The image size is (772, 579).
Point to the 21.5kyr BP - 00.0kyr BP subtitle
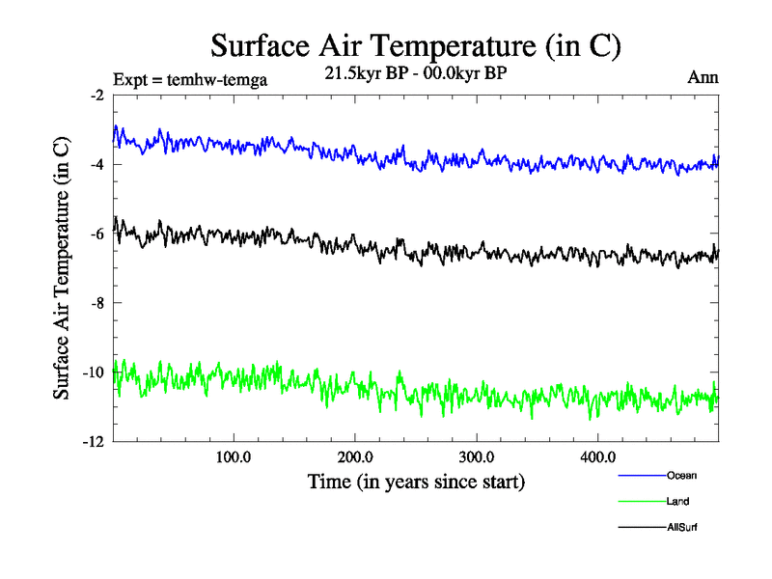coord(417,74)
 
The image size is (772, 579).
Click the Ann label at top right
coord(703,77)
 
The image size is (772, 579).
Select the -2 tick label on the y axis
coord(96,96)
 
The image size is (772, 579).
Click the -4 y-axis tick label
coord(96,165)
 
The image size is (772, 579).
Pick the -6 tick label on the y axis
coord(96,234)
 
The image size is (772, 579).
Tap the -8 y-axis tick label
coord(96,303)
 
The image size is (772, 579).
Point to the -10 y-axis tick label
coord(94,372)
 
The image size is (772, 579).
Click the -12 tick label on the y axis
coord(94,442)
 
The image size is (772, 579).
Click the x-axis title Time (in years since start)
coord(417,480)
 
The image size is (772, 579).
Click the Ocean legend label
coord(681,475)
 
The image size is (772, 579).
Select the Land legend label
coord(677,501)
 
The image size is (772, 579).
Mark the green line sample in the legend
coord(641,502)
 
